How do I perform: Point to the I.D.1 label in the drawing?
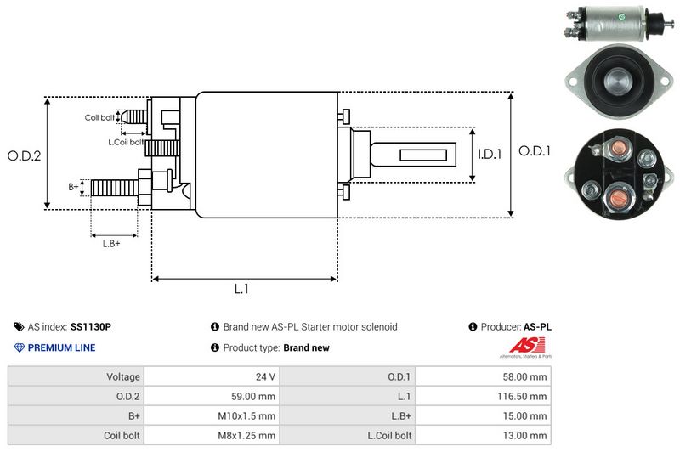pyautogui.click(x=490, y=155)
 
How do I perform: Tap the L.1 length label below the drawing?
pyautogui.click(x=241, y=289)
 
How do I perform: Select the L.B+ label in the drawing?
pyautogui.click(x=111, y=245)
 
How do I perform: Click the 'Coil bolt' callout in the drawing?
pyautogui.click(x=99, y=117)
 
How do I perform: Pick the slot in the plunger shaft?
pyautogui.click(x=417, y=155)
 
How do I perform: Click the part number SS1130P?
pyautogui.click(x=91, y=326)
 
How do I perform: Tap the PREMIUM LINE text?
pyautogui.click(x=61, y=347)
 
